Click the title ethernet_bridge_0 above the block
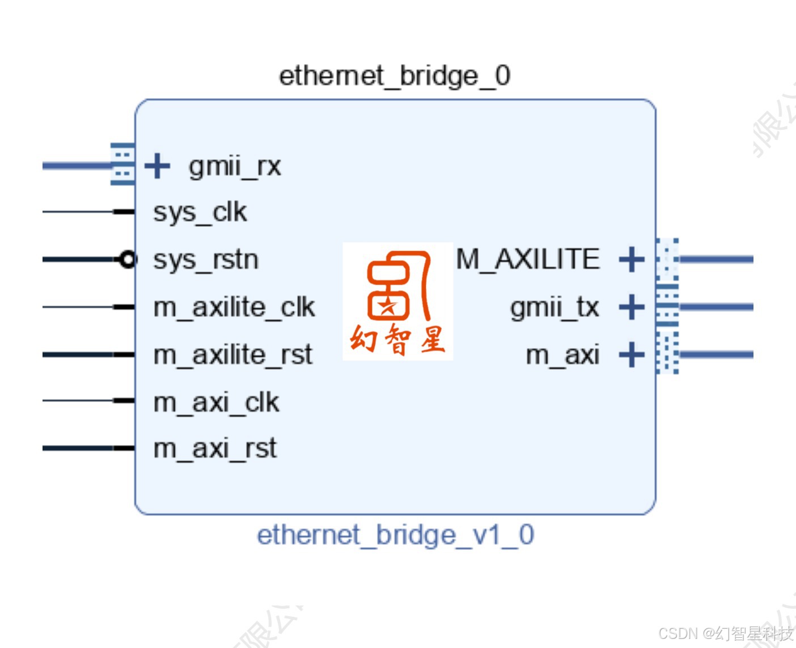(395, 76)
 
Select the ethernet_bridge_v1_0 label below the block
(395, 535)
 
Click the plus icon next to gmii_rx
(157, 166)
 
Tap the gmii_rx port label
(235, 167)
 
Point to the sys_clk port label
(200, 213)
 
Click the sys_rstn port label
(206, 260)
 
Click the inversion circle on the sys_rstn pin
(129, 260)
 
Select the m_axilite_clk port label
(234, 307)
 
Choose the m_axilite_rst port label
(232, 355)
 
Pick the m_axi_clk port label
(216, 403)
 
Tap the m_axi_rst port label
(215, 449)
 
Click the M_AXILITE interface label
(528, 260)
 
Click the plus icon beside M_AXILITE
(632, 260)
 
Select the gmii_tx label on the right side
(554, 308)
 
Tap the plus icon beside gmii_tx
(632, 307)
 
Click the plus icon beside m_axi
(632, 355)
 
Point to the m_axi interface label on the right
(562, 355)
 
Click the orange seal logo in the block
(398, 301)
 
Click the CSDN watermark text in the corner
(726, 633)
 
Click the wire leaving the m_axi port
(717, 355)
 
